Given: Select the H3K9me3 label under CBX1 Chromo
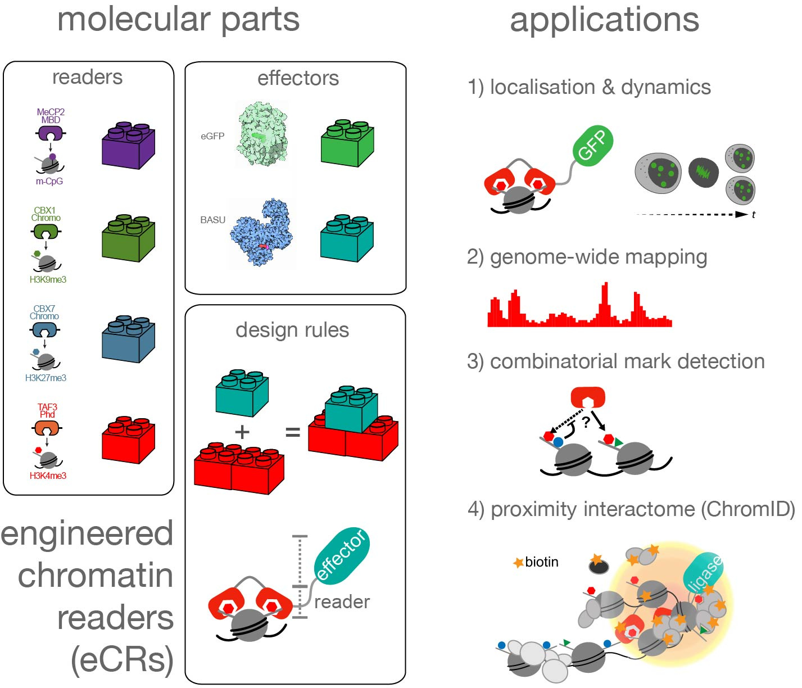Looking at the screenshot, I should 48,279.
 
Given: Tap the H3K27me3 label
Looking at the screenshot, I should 46,378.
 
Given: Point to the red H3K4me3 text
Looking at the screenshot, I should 48,476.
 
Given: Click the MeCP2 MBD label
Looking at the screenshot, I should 51,116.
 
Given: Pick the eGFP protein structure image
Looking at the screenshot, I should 263,134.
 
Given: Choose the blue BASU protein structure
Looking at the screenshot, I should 262,230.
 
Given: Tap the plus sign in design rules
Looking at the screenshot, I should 242,432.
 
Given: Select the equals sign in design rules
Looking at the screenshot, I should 293,432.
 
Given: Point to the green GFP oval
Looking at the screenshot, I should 592,144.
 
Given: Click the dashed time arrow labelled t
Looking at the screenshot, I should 691,214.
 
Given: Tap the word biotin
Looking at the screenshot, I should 542,562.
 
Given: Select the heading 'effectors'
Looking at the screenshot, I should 298,78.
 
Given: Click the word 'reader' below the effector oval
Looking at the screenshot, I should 342,602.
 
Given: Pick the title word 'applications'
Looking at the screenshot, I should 604,20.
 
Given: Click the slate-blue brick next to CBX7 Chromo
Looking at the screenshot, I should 128,340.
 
